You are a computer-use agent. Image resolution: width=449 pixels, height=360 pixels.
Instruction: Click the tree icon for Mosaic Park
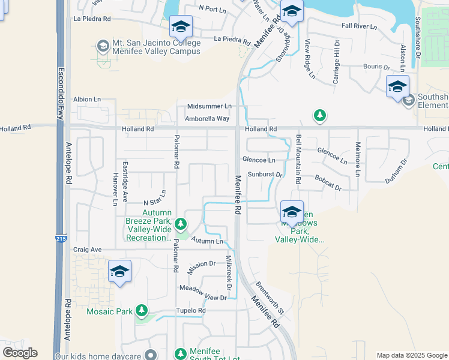142,311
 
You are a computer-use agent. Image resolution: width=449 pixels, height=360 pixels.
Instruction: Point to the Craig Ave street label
88,250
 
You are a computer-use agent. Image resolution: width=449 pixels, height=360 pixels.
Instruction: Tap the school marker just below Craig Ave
119,271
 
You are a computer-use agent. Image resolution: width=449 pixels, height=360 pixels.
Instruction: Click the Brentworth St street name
270,298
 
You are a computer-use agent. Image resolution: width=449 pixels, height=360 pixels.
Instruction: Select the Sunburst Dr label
265,175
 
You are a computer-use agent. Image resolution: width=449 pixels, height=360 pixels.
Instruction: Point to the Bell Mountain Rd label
298,159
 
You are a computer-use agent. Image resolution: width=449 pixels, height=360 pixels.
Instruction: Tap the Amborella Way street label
207,119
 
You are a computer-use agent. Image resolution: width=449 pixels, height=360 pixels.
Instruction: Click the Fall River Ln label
359,26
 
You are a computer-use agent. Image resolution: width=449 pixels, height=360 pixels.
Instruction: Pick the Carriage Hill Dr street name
337,62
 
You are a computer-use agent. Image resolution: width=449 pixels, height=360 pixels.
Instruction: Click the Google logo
20,353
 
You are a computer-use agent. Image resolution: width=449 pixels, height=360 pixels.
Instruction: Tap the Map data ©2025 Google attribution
411,355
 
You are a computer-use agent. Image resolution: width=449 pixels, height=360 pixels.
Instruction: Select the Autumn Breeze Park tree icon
181,225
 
